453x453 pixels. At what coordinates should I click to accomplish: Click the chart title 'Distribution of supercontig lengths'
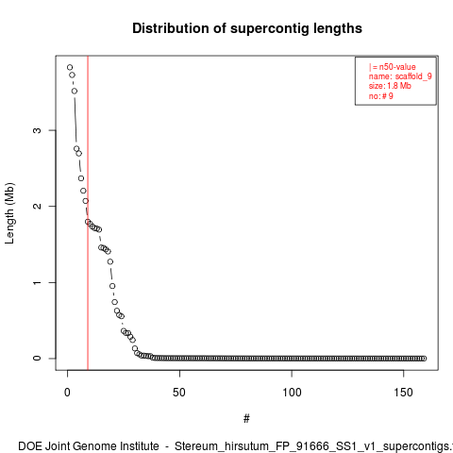point(247,28)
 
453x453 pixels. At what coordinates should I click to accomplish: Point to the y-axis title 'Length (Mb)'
point(9,213)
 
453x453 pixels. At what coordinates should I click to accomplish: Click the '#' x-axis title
point(246,419)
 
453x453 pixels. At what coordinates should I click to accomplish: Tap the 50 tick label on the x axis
point(179,393)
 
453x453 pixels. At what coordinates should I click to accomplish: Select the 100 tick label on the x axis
point(292,393)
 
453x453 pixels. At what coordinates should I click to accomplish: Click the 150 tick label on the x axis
point(403,393)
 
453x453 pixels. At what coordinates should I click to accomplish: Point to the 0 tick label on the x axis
point(67,393)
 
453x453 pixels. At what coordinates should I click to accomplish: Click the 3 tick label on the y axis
point(37,130)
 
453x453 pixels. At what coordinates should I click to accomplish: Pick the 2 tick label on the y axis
point(37,206)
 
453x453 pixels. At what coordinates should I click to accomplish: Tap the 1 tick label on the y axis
point(37,282)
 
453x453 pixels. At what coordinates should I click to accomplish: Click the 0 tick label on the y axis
point(37,359)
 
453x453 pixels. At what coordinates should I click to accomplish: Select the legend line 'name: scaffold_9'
point(400,76)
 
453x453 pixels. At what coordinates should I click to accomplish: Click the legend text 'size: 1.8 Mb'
point(390,86)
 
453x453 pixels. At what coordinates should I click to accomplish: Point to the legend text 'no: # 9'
point(381,96)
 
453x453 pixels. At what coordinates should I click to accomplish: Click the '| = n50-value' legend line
point(393,67)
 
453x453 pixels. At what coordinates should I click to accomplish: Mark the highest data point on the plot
point(70,67)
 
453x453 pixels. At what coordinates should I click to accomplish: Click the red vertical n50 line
point(88,213)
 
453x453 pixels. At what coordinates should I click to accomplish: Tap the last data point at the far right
point(424,359)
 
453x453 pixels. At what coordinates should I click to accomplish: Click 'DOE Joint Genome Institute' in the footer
point(89,446)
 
